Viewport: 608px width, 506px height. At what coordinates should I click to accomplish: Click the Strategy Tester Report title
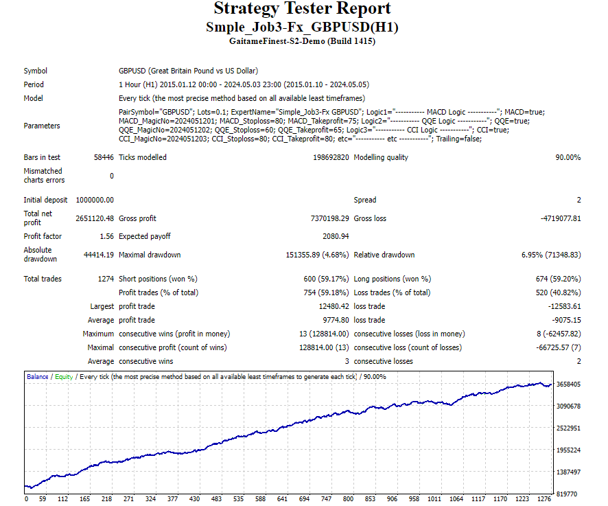[x=303, y=9]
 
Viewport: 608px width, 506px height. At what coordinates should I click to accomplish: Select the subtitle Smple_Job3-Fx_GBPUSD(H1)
[x=303, y=27]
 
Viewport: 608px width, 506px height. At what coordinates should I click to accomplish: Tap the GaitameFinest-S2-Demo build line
[x=303, y=41]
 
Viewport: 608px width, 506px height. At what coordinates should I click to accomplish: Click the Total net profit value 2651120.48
[x=95, y=218]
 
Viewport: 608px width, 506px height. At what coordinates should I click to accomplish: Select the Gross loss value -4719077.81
[x=559, y=218]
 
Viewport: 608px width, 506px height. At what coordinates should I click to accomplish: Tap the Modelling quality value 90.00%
[x=568, y=157]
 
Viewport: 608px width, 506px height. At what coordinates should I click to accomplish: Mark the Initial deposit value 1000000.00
[x=95, y=200]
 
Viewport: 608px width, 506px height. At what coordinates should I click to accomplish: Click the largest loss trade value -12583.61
[x=562, y=306]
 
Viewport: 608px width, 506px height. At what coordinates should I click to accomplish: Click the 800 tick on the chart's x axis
[x=348, y=499]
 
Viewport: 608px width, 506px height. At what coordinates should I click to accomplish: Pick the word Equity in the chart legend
[x=64, y=376]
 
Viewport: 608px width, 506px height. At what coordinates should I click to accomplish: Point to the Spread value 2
[x=578, y=200]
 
